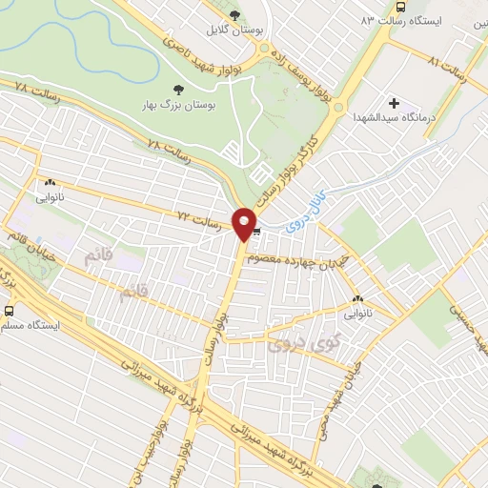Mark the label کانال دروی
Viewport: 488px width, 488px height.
click(x=310, y=199)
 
